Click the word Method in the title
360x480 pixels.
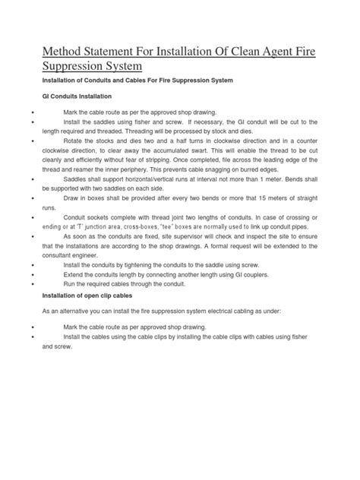[63, 51]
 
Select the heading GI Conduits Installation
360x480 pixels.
[77, 97]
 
